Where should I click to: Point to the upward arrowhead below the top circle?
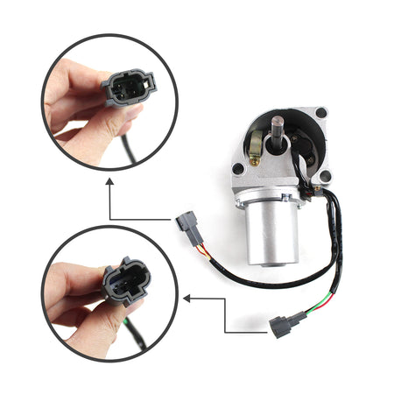(x=109, y=185)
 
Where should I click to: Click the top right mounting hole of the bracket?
(x=321, y=113)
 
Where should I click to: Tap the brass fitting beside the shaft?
(x=255, y=158)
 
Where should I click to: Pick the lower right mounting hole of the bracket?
(x=326, y=176)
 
